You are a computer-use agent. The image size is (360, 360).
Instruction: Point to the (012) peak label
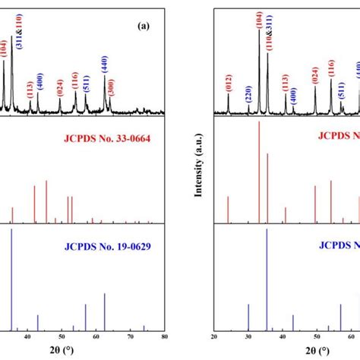pyautogui.click(x=228, y=81)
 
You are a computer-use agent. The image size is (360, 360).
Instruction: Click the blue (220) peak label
pyautogui.click(x=248, y=94)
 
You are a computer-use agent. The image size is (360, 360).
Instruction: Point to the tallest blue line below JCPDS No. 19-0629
pyautogui.click(x=11, y=281)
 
